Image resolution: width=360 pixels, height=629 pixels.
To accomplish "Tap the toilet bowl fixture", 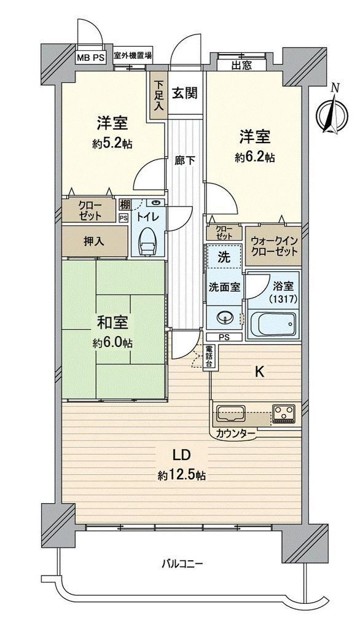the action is (147, 241).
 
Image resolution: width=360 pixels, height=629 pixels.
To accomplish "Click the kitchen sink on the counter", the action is (231, 413).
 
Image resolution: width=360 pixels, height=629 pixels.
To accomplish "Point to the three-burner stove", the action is (284, 413).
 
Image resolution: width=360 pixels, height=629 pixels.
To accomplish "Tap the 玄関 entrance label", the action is (185, 93).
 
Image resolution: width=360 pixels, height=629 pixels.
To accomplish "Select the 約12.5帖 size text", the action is (182, 475).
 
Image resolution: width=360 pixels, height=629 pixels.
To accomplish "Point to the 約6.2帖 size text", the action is (255, 158).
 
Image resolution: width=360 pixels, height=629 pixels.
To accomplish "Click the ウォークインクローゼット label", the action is (274, 247).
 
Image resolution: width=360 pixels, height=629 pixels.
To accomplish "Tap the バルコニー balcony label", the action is (182, 564).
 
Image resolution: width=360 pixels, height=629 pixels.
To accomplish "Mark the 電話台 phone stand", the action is (209, 356).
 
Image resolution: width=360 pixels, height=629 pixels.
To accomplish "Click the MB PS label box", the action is (91, 57).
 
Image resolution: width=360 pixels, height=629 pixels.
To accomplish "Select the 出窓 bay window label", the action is (241, 65).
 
